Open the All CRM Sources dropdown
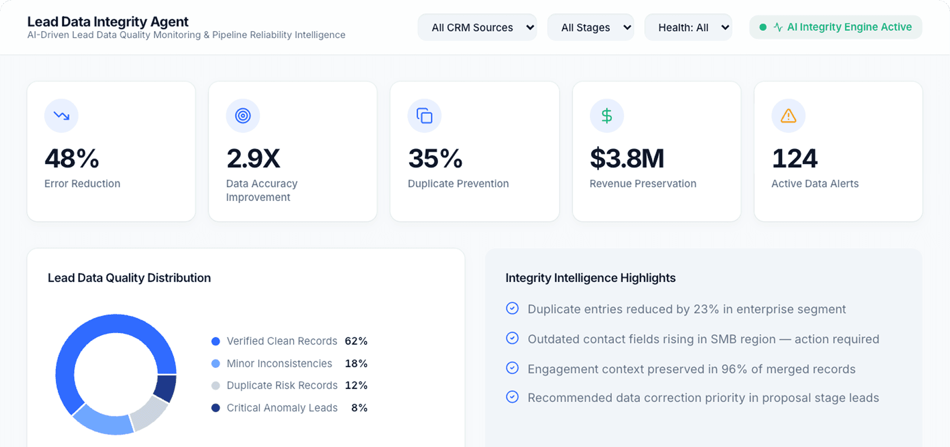coord(477,28)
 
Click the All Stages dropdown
coord(590,28)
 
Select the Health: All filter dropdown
coord(688,28)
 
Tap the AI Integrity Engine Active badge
coord(836,27)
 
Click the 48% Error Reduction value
coord(72,158)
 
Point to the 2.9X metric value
coord(253,158)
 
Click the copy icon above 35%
coord(424,116)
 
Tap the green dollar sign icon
coord(606,116)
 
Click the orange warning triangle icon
coord(788,116)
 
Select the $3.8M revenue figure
coord(627,158)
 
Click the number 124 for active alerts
coord(794,158)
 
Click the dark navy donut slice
coord(165,388)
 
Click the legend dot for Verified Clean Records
coord(216,341)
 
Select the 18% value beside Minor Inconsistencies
coord(356,363)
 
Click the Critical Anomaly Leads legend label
coord(282,408)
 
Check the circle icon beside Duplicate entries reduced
coord(512,308)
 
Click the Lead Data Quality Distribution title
coord(129,278)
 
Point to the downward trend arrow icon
coord(61,116)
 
